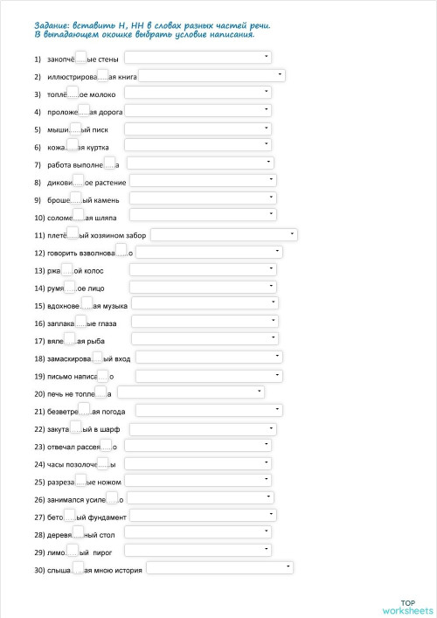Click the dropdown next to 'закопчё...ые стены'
pyautogui.click(x=198, y=59)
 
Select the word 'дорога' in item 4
pyautogui.click(x=110, y=113)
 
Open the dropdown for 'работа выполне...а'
pyautogui.click(x=200, y=163)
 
